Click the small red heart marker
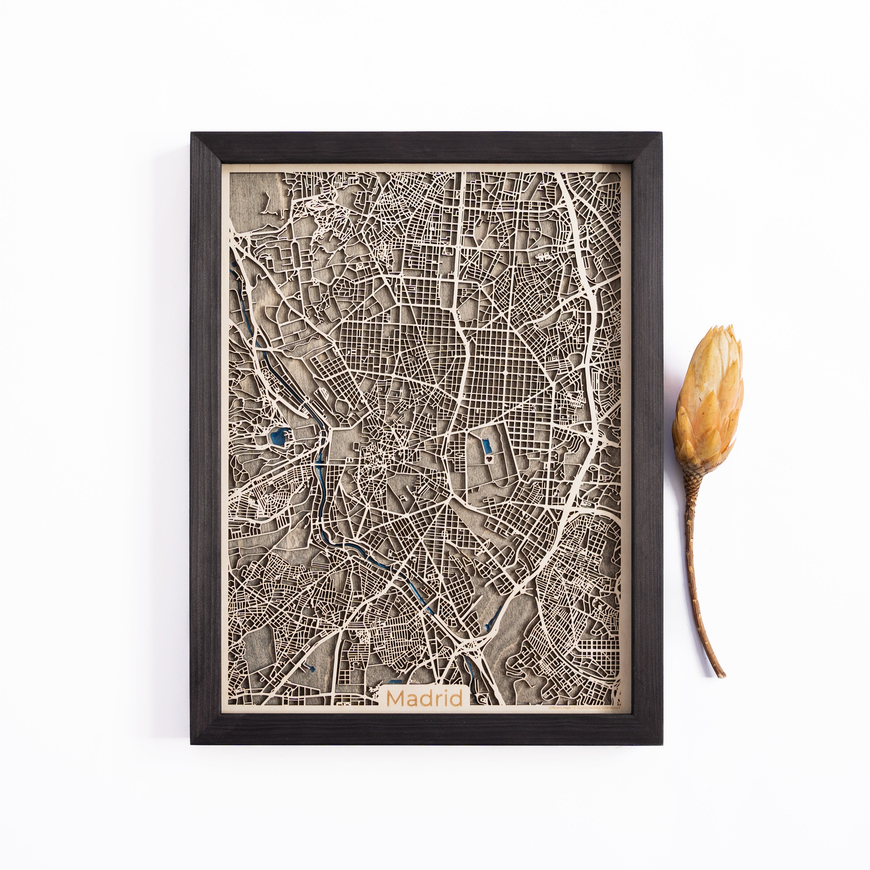[x=489, y=460]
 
